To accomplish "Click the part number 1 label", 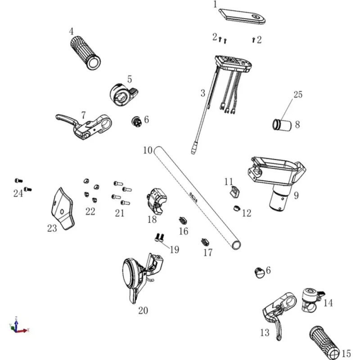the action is [215, 4].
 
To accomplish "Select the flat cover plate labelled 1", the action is [242, 16].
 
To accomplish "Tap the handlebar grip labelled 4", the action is [85, 53].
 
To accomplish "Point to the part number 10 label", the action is [148, 150].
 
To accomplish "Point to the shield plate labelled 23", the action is [63, 209].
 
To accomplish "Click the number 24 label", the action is [18, 193].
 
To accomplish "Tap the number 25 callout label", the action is [298, 94].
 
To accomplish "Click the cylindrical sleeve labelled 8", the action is [282, 125].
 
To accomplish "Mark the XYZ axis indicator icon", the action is [18, 325].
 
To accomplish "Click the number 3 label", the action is [203, 94].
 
